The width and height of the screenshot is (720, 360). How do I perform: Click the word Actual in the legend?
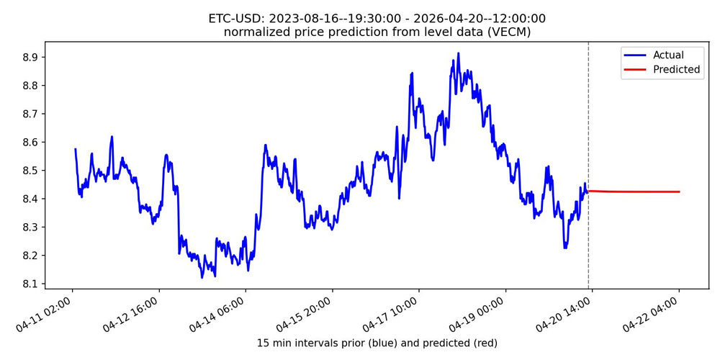668,55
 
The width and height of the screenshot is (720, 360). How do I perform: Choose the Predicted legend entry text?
676,70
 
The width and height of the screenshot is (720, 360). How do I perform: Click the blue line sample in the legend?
634,55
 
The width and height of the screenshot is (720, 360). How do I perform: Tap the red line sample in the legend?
634,70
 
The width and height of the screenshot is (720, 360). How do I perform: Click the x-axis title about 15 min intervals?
377,343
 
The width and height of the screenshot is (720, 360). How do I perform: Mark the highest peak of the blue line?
458,53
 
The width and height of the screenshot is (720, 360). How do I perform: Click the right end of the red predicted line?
679,192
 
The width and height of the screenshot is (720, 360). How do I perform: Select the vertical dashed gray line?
588,144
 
